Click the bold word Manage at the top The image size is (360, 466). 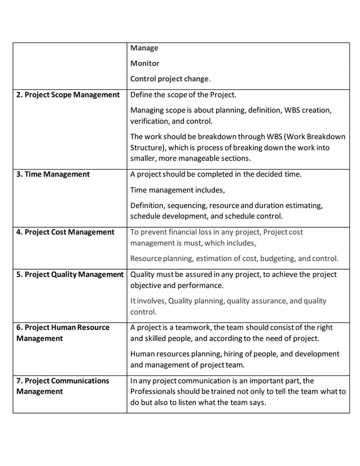pos(144,48)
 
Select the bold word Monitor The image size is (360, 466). pos(144,63)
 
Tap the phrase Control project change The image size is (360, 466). pos(170,78)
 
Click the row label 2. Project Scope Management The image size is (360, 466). pos(68,95)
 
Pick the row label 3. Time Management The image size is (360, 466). pos(52,174)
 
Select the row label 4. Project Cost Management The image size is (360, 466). pos(65,232)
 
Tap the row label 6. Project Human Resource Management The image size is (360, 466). pos(63,333)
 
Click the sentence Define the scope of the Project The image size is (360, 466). pos(183,95)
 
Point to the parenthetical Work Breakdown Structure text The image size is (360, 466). pos(237,142)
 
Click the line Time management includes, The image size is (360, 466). pos(177,190)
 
